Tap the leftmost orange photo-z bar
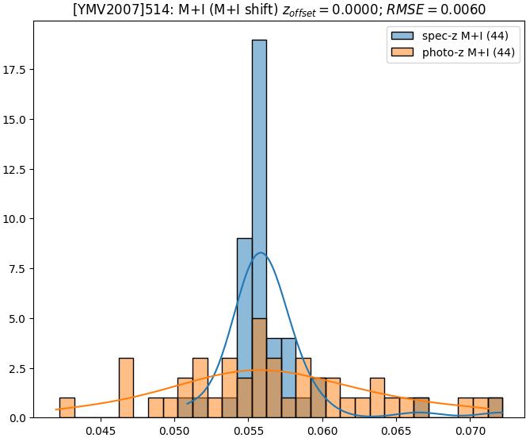[x=67, y=407]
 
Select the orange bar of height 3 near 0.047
[x=126, y=387]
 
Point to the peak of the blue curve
[x=261, y=253]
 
